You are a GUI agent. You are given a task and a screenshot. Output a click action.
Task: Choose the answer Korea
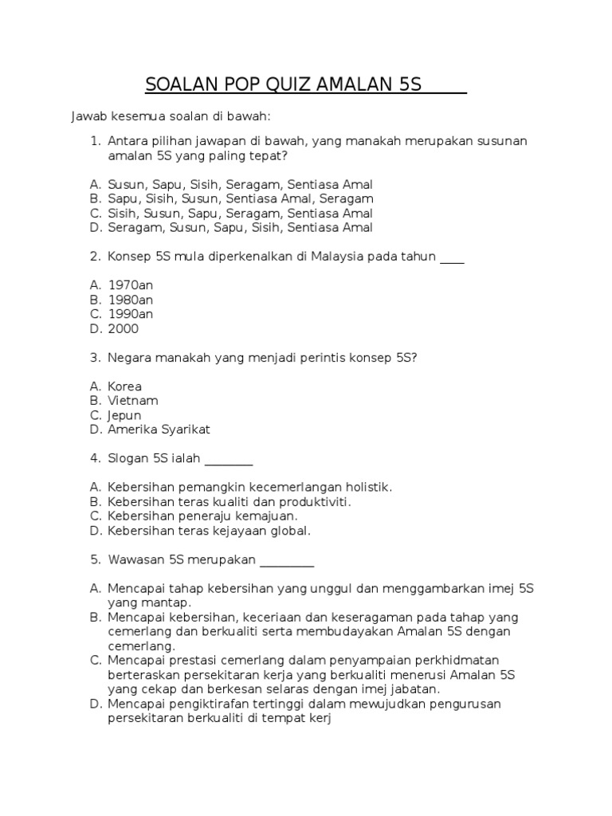[x=125, y=386]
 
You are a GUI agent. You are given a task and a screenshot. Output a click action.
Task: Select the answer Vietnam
[x=133, y=401]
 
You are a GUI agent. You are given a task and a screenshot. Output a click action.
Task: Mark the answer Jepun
[x=124, y=415]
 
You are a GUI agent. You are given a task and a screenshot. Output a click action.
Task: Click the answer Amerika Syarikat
[x=159, y=430]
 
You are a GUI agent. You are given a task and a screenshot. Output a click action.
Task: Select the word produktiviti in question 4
[x=312, y=501]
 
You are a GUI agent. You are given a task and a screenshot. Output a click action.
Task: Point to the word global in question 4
[x=291, y=530]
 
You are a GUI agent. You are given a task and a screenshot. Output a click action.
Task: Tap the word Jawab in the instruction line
[x=88, y=117]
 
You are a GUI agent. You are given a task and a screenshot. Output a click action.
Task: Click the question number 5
[x=95, y=559]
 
